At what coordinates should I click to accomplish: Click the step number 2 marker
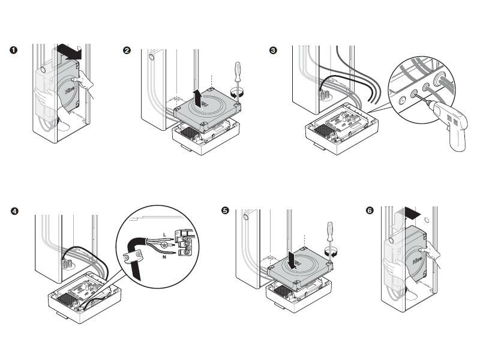click(x=127, y=50)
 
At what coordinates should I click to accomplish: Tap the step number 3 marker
click(x=274, y=50)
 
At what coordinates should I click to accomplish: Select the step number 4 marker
click(x=14, y=211)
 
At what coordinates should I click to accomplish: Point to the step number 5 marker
click(x=225, y=211)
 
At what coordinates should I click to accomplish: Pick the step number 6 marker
click(x=369, y=211)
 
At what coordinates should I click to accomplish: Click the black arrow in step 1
click(x=68, y=52)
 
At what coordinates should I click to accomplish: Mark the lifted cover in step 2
click(x=207, y=107)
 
